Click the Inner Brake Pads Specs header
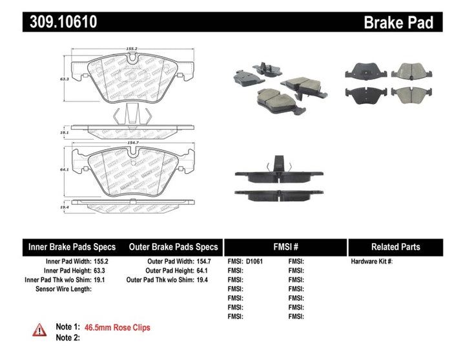tap(72, 247)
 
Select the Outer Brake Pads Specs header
tap(173, 247)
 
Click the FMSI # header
tap(285, 247)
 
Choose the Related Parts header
tap(395, 247)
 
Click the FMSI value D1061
tap(255, 262)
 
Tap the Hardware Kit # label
tap(371, 262)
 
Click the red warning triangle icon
tap(40, 329)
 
